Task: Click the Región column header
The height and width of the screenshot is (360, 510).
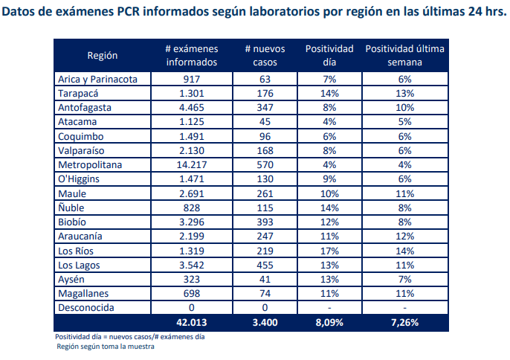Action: pyautogui.click(x=103, y=56)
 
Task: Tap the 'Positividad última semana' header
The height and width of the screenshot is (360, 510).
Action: pyautogui.click(x=404, y=56)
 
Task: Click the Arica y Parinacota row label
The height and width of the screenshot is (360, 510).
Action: pyautogui.click(x=103, y=79)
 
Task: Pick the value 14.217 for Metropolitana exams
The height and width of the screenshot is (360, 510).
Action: pyautogui.click(x=192, y=164)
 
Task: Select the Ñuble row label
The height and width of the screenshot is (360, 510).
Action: pyautogui.click(x=71, y=208)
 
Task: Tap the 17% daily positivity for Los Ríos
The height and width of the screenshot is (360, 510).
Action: pyautogui.click(x=330, y=250)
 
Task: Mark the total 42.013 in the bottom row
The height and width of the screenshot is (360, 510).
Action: pyautogui.click(x=192, y=323)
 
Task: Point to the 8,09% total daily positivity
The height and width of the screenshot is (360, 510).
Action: pyautogui.click(x=330, y=323)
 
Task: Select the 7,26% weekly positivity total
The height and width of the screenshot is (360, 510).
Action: pyautogui.click(x=404, y=323)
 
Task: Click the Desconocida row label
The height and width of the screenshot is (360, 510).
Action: pyautogui.click(x=86, y=306)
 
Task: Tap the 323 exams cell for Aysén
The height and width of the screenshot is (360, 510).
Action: pyautogui.click(x=192, y=278)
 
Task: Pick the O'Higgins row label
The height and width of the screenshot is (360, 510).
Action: pyautogui.click(x=80, y=179)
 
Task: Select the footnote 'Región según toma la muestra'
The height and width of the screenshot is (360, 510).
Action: pyautogui.click(x=106, y=346)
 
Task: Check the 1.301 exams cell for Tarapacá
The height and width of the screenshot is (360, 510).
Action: pyautogui.click(x=192, y=94)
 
